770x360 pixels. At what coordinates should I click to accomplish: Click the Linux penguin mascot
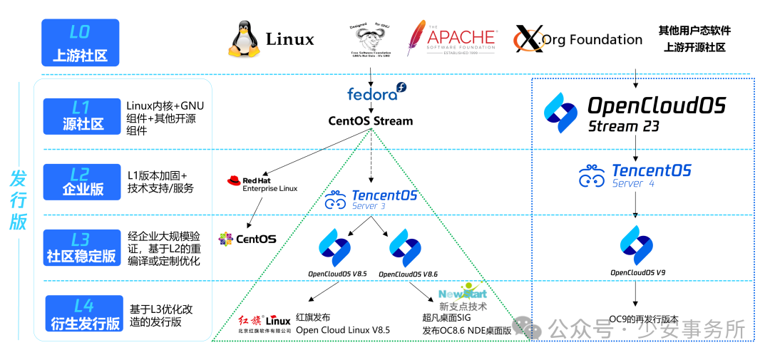244,38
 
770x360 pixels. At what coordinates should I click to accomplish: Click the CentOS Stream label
370,120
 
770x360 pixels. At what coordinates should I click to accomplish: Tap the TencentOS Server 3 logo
371,199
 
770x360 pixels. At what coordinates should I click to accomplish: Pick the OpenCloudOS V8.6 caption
408,274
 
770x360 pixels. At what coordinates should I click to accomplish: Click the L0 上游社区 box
80,43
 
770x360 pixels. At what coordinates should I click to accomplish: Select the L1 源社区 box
82,115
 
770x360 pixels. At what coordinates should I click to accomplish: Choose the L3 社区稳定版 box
82,247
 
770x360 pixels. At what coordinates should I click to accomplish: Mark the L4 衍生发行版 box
84,314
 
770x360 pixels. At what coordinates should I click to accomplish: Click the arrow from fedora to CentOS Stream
371,107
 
